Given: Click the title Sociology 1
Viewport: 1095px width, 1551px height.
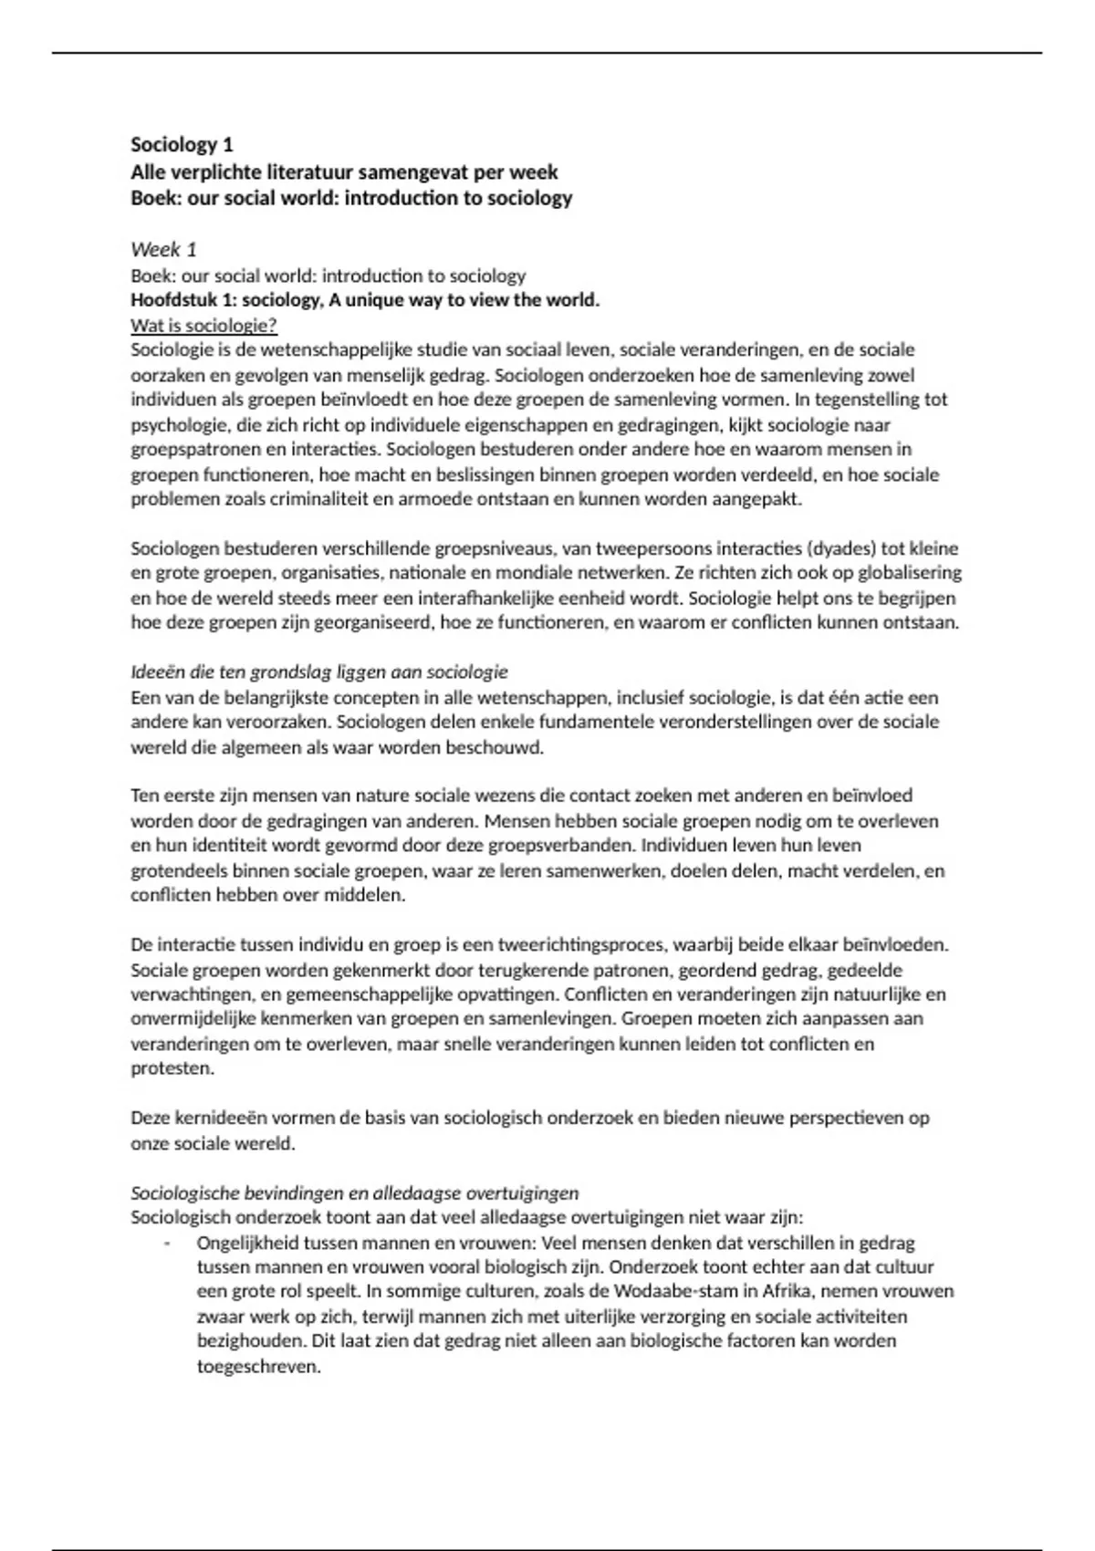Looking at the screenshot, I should click(x=182, y=145).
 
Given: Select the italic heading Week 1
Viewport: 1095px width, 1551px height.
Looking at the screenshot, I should click(x=163, y=250).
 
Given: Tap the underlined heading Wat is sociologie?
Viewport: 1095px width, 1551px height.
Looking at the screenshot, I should click(x=203, y=326).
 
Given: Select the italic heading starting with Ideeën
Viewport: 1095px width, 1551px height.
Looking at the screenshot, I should click(x=318, y=672).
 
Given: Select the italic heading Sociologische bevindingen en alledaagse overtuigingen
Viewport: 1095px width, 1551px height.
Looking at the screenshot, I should click(x=355, y=1193).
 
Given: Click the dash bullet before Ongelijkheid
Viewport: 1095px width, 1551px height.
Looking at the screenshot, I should click(x=167, y=1244).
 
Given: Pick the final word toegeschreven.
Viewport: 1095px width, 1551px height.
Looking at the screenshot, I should click(x=258, y=1367).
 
